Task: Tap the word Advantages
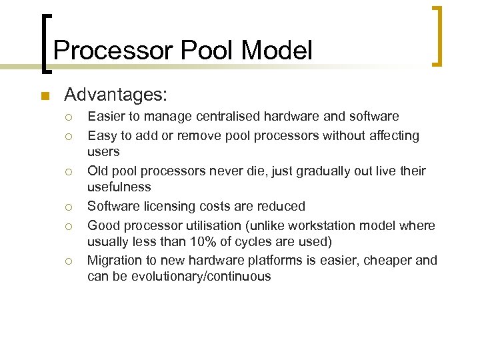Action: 116,95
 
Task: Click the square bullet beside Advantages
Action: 45,96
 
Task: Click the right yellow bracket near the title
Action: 437,37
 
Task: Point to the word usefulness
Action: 119,187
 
